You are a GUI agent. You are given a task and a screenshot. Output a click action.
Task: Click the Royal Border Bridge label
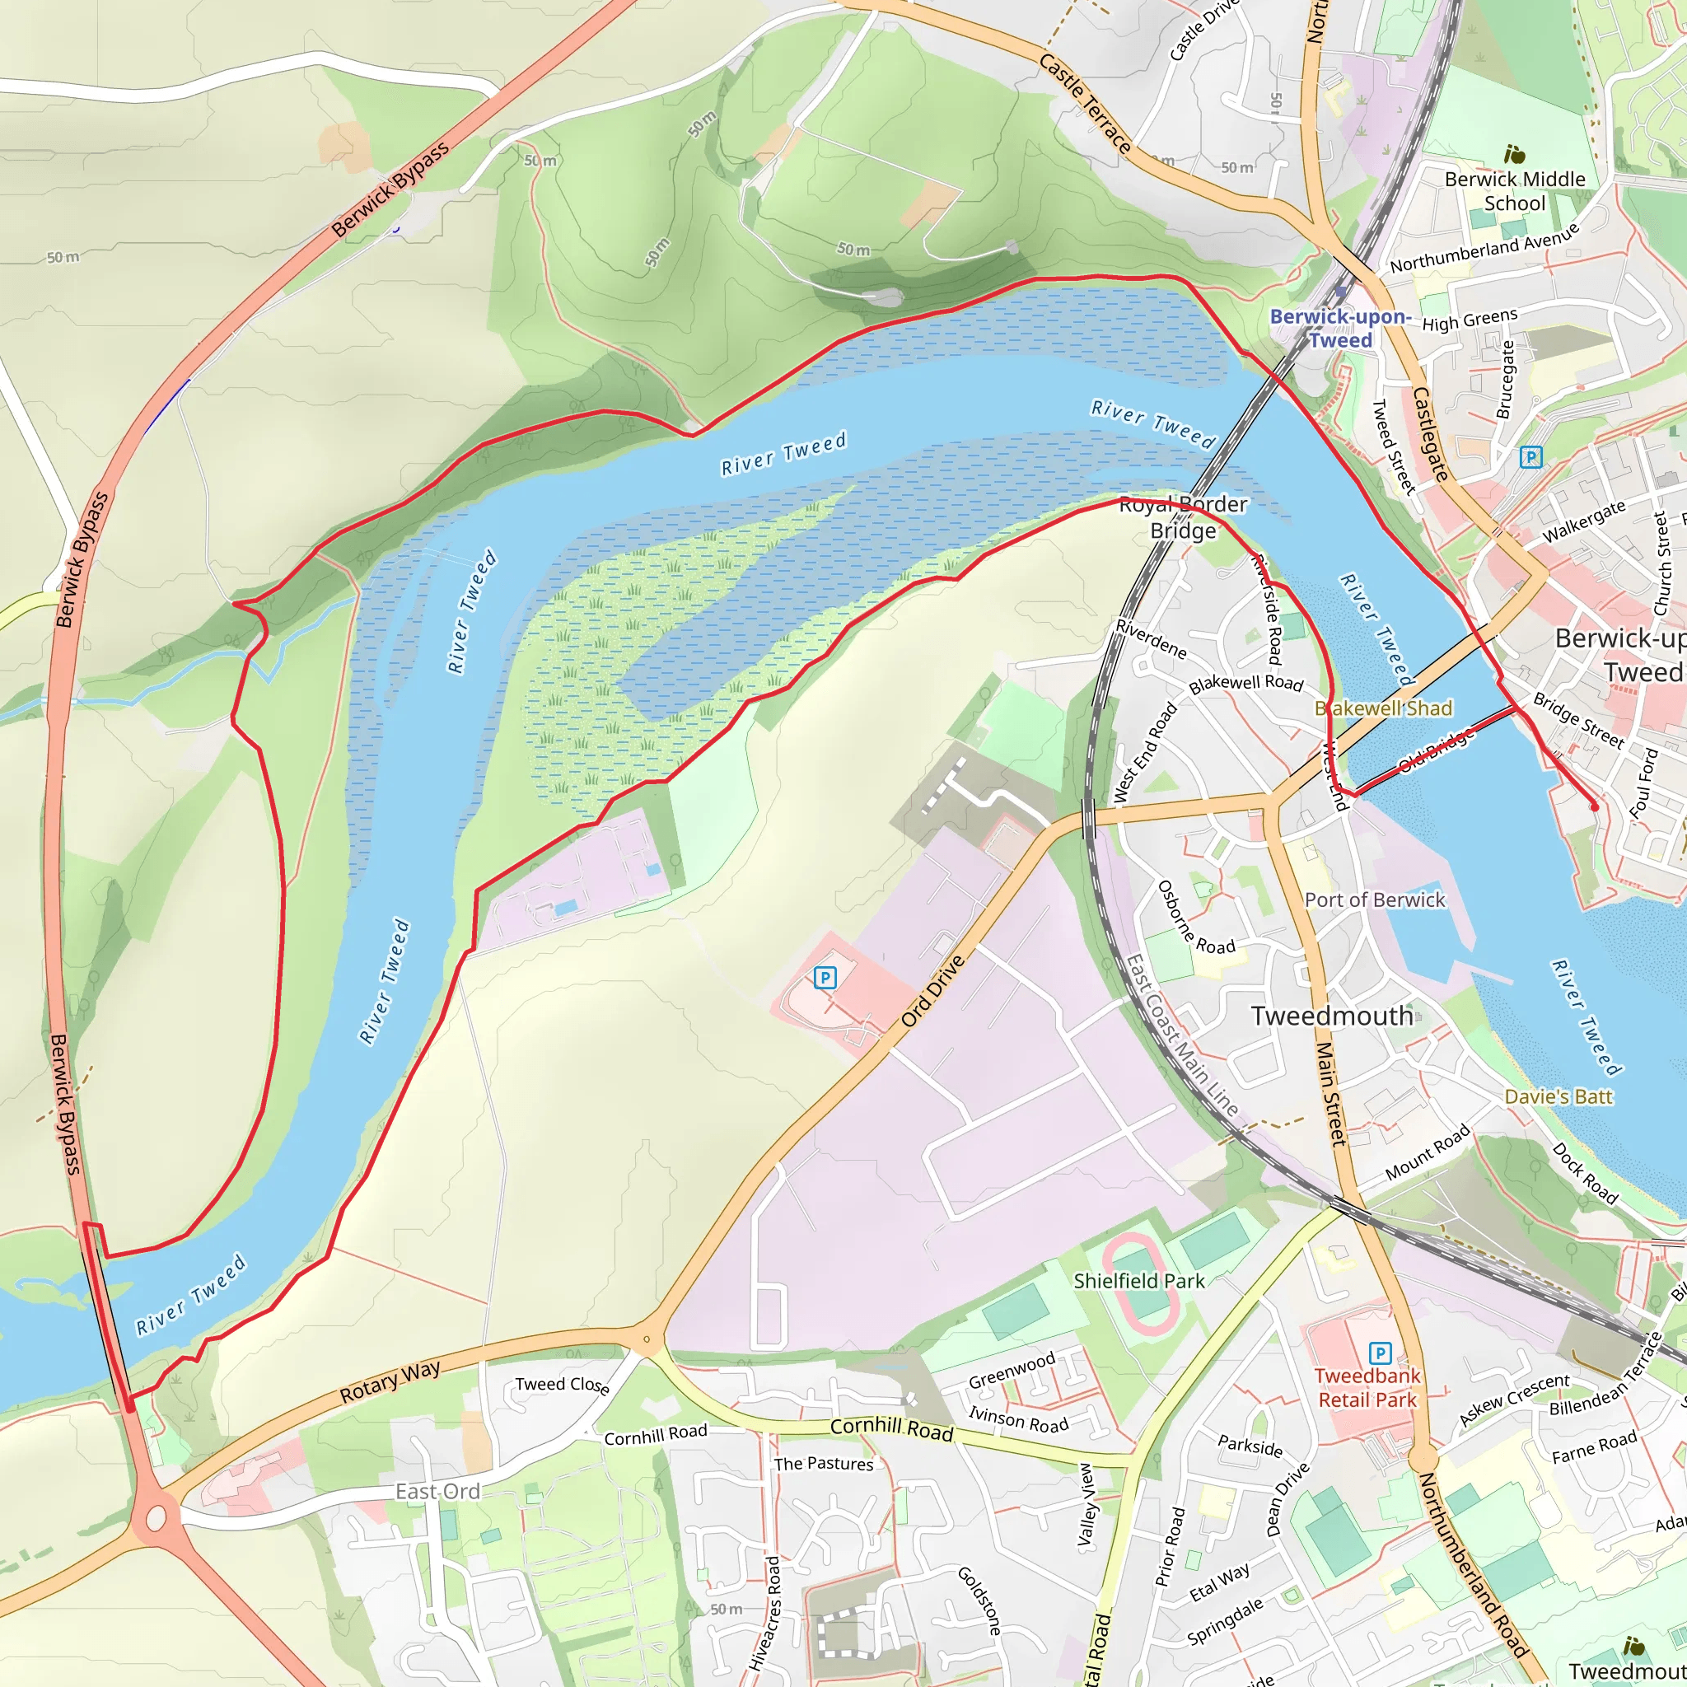[x=1183, y=518]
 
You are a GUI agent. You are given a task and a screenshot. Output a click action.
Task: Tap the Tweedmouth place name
[x=1332, y=1016]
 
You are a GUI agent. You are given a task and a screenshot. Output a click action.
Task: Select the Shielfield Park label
[x=1138, y=1281]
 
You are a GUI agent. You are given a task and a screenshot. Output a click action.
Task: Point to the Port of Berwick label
[x=1375, y=900]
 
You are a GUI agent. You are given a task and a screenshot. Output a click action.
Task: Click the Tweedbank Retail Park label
[x=1367, y=1387]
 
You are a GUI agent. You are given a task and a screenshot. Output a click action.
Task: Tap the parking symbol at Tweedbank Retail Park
[x=1380, y=1353]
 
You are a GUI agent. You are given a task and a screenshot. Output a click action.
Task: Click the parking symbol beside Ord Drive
[x=825, y=978]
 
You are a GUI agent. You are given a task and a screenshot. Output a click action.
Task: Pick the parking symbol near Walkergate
[x=1530, y=456]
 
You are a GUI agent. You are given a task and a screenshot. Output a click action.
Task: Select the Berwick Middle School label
[x=1515, y=191]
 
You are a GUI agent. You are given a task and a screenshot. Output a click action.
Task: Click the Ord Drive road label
[x=933, y=992]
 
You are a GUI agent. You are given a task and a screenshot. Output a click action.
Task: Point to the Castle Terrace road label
[x=1086, y=104]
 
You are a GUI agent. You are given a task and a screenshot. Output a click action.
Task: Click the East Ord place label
[x=437, y=1492]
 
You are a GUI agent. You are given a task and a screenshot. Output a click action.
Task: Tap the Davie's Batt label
[x=1558, y=1096]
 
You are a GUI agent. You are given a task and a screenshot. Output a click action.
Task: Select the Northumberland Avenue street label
[x=1484, y=248]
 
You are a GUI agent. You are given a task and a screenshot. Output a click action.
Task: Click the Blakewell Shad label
[x=1384, y=708]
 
